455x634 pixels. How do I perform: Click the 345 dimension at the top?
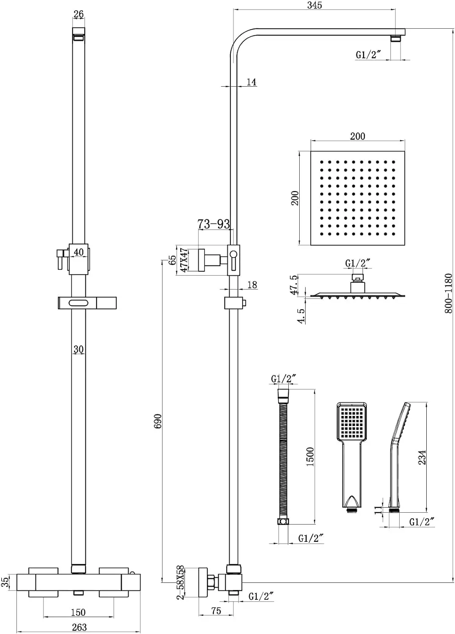tap(314, 5)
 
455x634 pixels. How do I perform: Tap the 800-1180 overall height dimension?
tap(448, 293)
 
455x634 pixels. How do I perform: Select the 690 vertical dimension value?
tap(158, 422)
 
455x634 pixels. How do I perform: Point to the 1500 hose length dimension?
tap(310, 456)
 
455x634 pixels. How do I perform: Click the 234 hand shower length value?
tap(422, 457)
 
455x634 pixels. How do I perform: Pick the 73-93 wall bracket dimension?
tap(214, 224)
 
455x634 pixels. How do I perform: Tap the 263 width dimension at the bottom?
tap(79, 627)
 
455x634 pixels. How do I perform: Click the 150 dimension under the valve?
tap(78, 612)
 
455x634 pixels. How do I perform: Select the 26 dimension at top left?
tap(79, 14)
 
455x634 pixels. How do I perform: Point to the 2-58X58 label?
tap(181, 582)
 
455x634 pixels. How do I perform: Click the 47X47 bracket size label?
tap(184, 260)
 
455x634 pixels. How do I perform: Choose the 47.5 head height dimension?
tap(294, 284)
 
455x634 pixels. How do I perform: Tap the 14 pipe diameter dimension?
tap(252, 82)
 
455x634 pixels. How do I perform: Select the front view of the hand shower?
tap(352, 457)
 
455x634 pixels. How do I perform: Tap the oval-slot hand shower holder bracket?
tap(87, 303)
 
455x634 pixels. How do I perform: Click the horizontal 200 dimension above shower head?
tap(357, 136)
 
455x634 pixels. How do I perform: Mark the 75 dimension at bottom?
tap(216, 611)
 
